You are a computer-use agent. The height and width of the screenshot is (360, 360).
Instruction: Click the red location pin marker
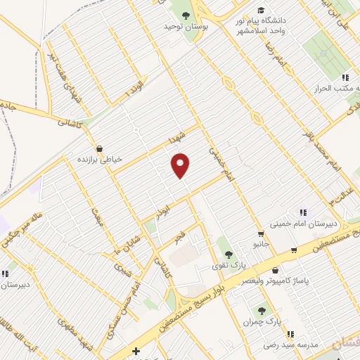click(x=181, y=166)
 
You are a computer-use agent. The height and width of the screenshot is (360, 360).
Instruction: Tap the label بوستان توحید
click(x=179, y=26)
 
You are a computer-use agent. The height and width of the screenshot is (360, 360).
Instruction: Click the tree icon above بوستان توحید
click(x=186, y=15)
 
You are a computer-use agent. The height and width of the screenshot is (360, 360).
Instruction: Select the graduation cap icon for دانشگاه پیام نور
click(x=262, y=11)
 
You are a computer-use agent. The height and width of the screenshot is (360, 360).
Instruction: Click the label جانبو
click(x=261, y=245)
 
